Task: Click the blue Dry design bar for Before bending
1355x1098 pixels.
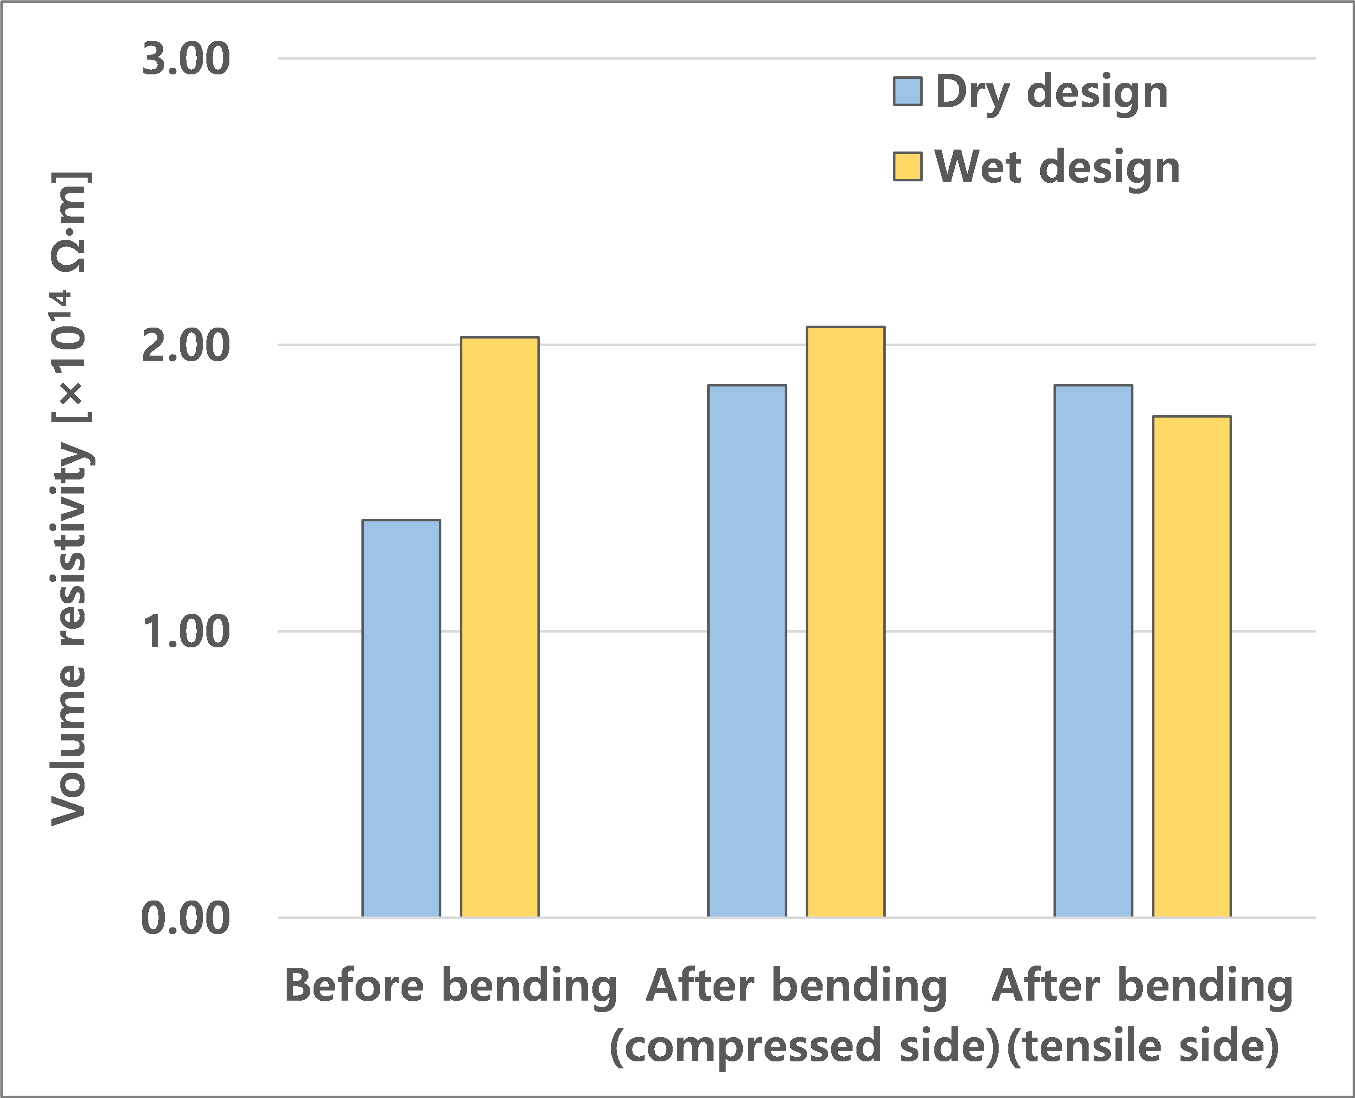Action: pos(401,719)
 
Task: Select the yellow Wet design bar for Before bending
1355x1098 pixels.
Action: pos(500,627)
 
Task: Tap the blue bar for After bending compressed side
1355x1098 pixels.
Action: pos(747,652)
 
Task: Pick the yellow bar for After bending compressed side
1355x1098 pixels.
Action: pos(846,622)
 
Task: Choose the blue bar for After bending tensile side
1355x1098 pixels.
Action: pos(1093,652)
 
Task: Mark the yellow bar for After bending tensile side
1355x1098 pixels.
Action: pos(1192,667)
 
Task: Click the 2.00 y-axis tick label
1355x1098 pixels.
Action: pos(185,346)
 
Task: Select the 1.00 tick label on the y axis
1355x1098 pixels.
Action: pos(185,632)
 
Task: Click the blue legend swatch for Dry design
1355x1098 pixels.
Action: pos(907,91)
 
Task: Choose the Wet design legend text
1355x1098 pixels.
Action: pos(1057,167)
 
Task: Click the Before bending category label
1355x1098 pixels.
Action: pos(450,987)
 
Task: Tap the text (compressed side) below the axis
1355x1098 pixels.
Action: pos(804,1046)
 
